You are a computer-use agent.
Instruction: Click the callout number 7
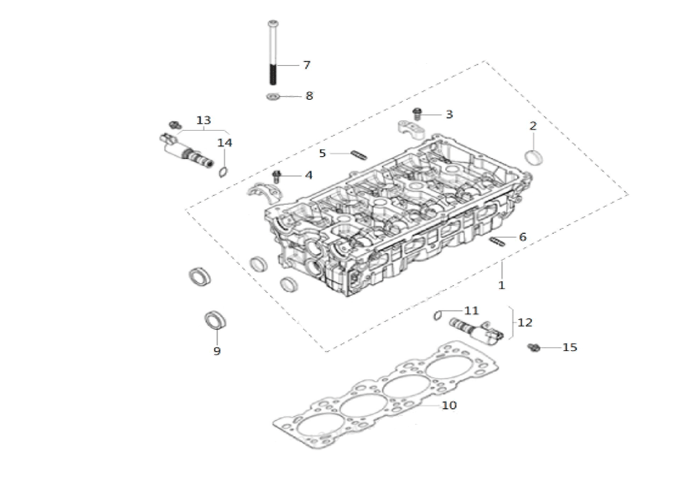click(307, 65)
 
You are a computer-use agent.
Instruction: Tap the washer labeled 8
click(273, 97)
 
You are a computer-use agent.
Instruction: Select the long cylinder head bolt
click(273, 52)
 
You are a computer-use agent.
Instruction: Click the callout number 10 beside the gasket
click(449, 405)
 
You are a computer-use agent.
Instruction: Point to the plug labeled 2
click(534, 157)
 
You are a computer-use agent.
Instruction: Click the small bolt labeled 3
click(416, 114)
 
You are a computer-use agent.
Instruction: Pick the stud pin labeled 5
click(359, 155)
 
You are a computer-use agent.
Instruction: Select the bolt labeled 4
click(277, 177)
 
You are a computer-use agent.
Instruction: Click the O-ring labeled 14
click(224, 172)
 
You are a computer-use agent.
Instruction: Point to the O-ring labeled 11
click(437, 315)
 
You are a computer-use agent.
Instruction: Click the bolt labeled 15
click(534, 348)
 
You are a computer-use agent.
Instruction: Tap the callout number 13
click(204, 120)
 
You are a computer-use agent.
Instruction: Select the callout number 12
click(524, 322)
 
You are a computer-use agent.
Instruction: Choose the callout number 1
click(501, 286)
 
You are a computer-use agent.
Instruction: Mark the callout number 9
click(217, 351)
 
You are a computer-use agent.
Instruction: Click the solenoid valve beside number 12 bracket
click(476, 332)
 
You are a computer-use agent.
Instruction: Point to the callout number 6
click(522, 237)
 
